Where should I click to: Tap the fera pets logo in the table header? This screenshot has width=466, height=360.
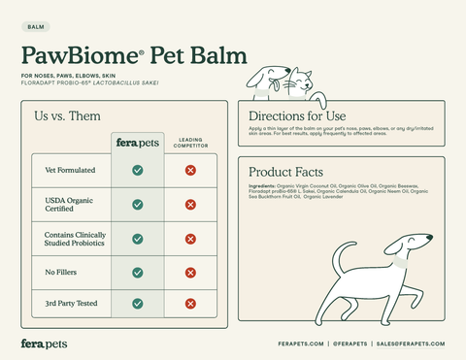[137, 143]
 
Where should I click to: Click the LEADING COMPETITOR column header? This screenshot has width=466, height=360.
[190, 143]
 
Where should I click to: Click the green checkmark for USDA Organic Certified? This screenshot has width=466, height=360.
[138, 205]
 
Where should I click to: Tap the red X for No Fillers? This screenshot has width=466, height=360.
[190, 271]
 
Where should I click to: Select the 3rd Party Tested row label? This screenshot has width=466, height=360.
[71, 304]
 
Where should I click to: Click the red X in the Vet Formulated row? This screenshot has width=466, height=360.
[190, 171]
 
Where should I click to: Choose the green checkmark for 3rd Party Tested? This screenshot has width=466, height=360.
[138, 304]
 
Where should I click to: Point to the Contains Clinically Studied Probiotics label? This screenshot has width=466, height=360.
[75, 238]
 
